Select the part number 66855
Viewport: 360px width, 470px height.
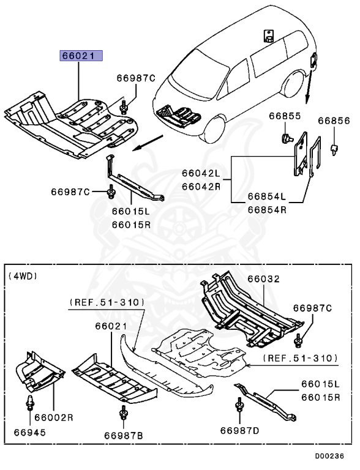[x=285, y=116]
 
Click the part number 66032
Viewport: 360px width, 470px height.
[x=263, y=278]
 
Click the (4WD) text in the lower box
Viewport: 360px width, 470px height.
[x=23, y=276]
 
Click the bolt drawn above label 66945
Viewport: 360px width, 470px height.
[x=29, y=405]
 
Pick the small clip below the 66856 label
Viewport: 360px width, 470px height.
[x=334, y=147]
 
